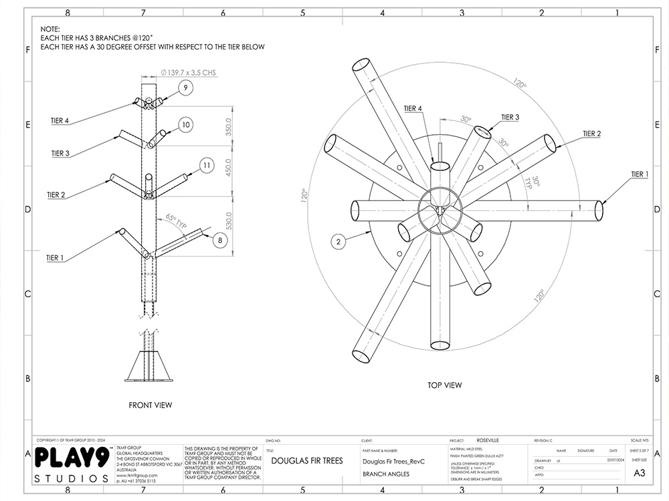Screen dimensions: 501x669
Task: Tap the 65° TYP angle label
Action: click(177, 218)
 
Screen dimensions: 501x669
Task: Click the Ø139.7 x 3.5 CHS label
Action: click(188, 72)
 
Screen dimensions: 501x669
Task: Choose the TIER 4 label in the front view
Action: click(60, 121)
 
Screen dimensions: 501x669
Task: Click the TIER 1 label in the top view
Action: click(640, 174)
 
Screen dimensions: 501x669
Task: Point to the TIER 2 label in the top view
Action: click(591, 134)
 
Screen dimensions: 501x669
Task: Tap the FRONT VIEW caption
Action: click(150, 405)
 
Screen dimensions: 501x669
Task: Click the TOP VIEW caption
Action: click(444, 385)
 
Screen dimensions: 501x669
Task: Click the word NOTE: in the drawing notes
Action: click(50, 29)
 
